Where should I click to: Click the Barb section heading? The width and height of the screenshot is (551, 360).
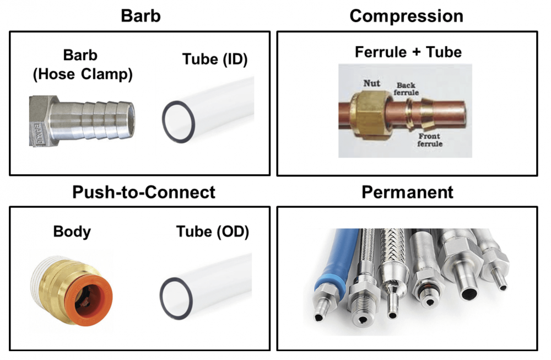(x=141, y=15)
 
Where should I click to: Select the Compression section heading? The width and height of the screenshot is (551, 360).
(x=406, y=15)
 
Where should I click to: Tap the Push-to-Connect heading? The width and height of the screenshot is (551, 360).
(x=144, y=192)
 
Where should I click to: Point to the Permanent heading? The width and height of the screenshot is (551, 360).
(x=407, y=192)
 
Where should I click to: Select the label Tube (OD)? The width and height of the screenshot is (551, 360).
(x=213, y=232)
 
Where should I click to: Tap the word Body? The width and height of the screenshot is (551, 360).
(x=72, y=232)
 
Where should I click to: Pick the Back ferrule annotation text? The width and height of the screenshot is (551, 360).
(x=407, y=88)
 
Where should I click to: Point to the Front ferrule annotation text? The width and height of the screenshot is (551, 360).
(x=430, y=139)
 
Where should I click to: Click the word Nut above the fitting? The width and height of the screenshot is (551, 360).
(x=371, y=84)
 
